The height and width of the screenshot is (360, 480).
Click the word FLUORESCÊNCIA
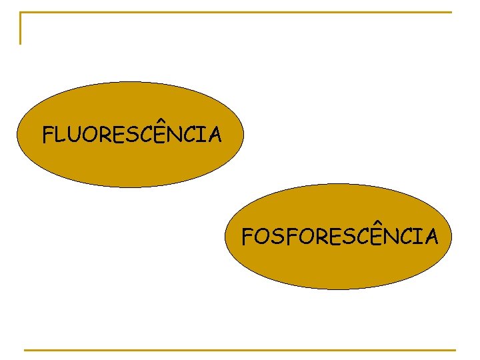[x=131, y=136]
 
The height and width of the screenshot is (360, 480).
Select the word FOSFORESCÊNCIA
[x=339, y=237]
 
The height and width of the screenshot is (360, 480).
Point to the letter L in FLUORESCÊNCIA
[x=63, y=136]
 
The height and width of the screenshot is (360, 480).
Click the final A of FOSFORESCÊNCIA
[x=431, y=237]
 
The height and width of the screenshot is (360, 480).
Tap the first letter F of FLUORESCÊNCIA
[x=49, y=136]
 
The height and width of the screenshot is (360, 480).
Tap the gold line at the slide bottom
[x=240, y=349]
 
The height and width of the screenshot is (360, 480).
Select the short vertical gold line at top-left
[x=21, y=29]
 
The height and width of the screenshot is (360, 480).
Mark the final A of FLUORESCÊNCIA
[x=214, y=136]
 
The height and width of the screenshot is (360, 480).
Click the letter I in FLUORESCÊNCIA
[x=201, y=136]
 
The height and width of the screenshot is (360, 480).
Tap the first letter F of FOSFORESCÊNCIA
[x=248, y=237]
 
